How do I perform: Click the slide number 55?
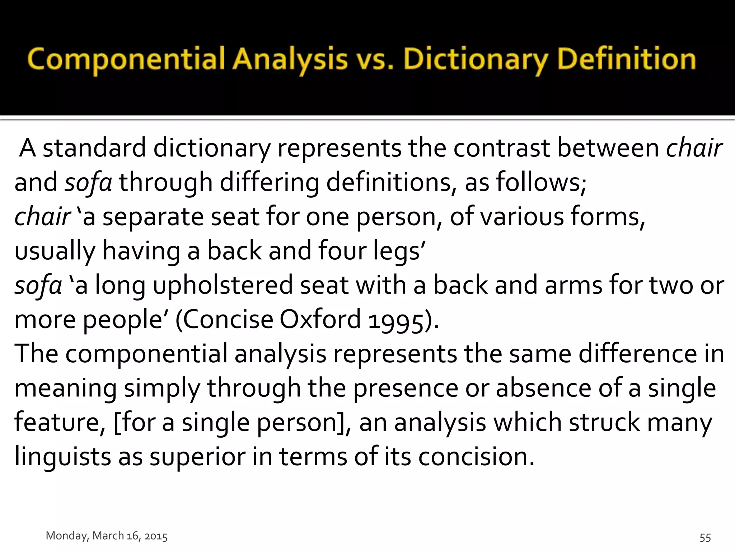pos(705,537)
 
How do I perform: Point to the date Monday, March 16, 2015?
pos(107,536)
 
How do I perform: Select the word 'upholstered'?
pos(223,286)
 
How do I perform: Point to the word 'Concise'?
pos(228,319)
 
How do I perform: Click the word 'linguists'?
pos(62,457)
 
